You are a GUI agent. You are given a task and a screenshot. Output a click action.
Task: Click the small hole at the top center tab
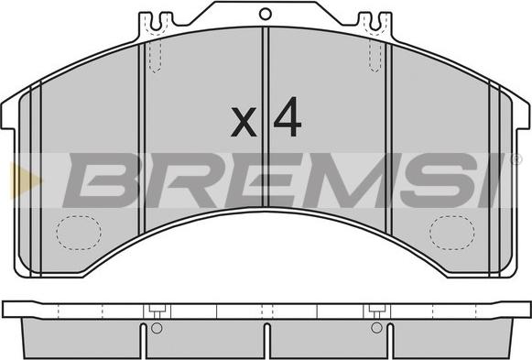tap(265, 14)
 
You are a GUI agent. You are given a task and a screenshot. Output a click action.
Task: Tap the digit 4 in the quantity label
tap(288, 116)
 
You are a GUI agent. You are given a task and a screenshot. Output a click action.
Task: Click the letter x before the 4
tap(244, 122)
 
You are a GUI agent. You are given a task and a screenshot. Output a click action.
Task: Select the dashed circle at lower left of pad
tap(79, 233)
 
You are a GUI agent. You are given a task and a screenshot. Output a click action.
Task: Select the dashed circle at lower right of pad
tap(452, 233)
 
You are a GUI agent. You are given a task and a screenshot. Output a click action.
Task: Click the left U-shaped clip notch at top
tap(156, 22)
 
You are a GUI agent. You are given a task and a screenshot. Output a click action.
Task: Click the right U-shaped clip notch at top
tap(375, 22)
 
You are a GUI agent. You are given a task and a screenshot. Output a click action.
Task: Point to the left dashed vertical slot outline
tap(156, 57)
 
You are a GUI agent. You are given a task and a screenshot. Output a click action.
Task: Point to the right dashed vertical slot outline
tap(375, 56)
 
